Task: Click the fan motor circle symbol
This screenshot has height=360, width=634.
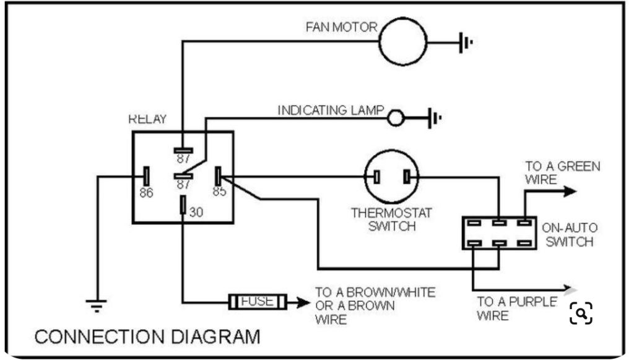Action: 402,18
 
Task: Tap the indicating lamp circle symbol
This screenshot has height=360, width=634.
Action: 396,110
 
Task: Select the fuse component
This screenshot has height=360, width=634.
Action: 258,302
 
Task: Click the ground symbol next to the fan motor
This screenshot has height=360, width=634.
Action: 466,42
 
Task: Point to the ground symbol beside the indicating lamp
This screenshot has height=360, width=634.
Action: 435,118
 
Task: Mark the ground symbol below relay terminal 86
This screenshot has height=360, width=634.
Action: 96,306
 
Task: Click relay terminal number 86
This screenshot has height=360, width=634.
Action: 146,193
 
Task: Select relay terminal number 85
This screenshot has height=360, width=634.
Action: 220,191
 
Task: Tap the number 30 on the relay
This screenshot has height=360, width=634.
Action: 196,212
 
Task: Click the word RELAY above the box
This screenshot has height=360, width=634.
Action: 147,119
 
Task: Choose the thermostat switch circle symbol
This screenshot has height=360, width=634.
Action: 391,150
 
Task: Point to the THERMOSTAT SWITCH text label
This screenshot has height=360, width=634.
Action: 391,219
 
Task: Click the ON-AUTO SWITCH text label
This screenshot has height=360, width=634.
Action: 570,235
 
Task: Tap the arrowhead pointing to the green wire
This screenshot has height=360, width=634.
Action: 570,191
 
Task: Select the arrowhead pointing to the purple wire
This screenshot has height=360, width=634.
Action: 570,289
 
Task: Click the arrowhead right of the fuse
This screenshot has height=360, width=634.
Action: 303,302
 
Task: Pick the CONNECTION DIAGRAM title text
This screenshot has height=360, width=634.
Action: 147,336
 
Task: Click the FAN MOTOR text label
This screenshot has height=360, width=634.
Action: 341,27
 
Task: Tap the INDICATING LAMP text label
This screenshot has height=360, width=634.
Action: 331,110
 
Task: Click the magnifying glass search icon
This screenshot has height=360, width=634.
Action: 581,313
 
